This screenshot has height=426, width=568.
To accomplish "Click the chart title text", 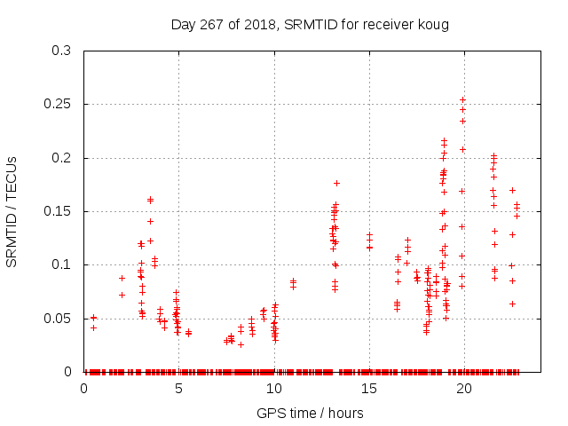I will (310, 25).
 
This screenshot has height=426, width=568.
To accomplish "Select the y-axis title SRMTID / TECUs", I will (12, 212).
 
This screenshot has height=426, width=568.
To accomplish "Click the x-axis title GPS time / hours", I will (310, 413).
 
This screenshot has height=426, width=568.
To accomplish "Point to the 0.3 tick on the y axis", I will (61, 51).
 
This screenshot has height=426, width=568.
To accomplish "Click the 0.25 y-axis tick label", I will (58, 105).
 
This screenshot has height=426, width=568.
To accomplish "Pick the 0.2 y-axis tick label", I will (61, 158).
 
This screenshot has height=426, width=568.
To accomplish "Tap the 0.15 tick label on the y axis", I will (58, 211).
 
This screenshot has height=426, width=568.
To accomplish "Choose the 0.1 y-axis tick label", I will (61, 264).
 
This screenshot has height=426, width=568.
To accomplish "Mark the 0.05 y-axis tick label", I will (58, 318).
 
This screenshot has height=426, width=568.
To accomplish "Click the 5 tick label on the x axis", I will (178, 389).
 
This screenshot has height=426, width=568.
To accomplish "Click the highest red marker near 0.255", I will (462, 100).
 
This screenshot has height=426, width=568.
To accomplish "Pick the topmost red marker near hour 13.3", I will (336, 183).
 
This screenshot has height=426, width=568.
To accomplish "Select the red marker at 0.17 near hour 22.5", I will (512, 190).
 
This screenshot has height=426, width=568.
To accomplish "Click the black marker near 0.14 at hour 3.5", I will (150, 221).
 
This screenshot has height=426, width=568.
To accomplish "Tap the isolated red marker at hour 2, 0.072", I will (122, 295).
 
